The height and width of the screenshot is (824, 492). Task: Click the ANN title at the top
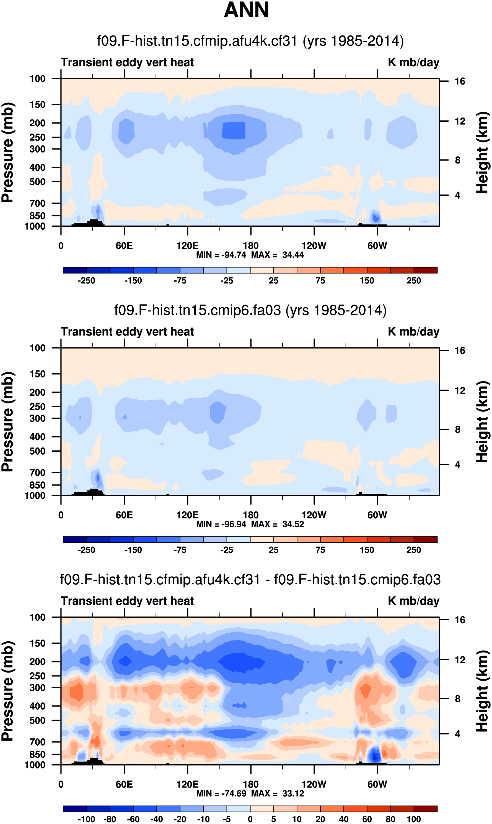(246, 10)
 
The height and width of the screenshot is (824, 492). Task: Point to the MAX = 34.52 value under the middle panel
(278, 524)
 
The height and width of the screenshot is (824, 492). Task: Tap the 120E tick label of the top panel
(187, 246)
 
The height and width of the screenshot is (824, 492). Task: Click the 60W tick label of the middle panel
(377, 515)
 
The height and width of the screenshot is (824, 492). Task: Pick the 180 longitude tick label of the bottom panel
(251, 784)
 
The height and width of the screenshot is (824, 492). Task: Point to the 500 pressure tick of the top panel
(37, 182)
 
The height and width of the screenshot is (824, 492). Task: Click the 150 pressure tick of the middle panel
(37, 374)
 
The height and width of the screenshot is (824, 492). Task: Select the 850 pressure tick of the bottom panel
(37, 754)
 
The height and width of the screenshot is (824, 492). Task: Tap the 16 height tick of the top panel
(460, 81)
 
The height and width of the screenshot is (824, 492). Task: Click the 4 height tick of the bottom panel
(457, 734)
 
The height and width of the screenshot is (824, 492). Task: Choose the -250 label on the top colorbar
(86, 281)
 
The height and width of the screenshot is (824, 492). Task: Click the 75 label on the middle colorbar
(320, 550)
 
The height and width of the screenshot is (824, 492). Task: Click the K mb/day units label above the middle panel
(413, 332)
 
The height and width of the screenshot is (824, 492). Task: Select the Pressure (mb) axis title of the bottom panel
(7, 691)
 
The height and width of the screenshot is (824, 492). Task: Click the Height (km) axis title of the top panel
(483, 152)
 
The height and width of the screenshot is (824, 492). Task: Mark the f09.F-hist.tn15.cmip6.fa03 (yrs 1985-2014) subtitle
(250, 311)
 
